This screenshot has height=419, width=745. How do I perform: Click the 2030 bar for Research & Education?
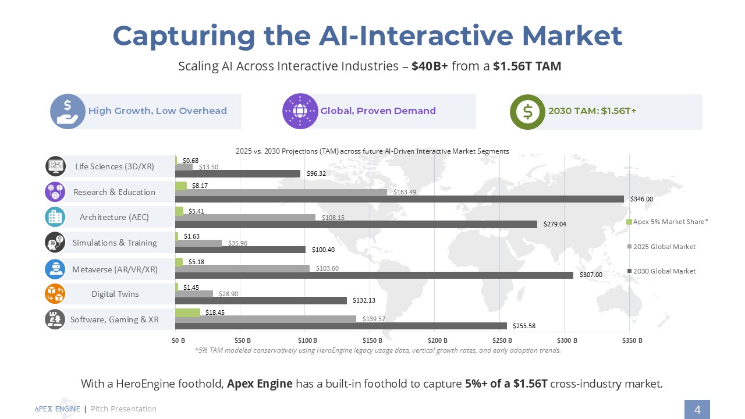[x=399, y=199]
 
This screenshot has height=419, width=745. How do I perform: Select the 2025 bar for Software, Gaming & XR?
[x=265, y=319]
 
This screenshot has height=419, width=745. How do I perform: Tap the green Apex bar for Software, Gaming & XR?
[x=187, y=313]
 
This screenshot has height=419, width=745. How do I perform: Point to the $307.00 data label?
[x=590, y=275]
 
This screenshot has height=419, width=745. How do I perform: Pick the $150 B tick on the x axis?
[x=372, y=339]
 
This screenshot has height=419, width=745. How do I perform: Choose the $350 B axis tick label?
[x=632, y=339]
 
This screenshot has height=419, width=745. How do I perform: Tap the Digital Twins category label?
[x=115, y=294]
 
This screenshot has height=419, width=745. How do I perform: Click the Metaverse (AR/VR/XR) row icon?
[x=55, y=269]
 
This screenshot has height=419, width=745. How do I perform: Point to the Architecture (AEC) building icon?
[x=55, y=217]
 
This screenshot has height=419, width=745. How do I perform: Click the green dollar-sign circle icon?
[x=527, y=112]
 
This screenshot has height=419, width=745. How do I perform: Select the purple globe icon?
[x=300, y=111]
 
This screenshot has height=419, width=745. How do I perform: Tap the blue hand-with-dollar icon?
[x=68, y=111]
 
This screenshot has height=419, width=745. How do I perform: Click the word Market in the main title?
[x=572, y=36]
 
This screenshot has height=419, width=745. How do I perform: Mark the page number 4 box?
[x=697, y=409]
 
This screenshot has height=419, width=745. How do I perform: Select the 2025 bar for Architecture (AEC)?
[x=245, y=217]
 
